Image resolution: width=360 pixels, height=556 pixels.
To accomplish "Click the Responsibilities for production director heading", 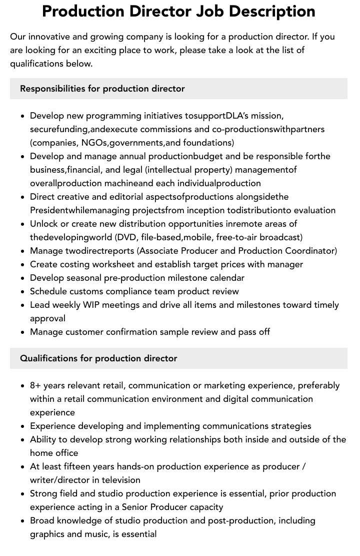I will click(102, 89).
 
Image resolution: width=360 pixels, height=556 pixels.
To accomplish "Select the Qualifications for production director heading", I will click(98, 358).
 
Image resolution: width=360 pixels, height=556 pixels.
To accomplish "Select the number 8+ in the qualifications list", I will click(35, 385).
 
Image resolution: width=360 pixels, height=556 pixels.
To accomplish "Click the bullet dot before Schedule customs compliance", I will click(22, 292).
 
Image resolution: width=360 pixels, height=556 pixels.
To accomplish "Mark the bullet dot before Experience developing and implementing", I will click(22, 426).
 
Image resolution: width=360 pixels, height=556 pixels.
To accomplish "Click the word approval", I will click(47, 318).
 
